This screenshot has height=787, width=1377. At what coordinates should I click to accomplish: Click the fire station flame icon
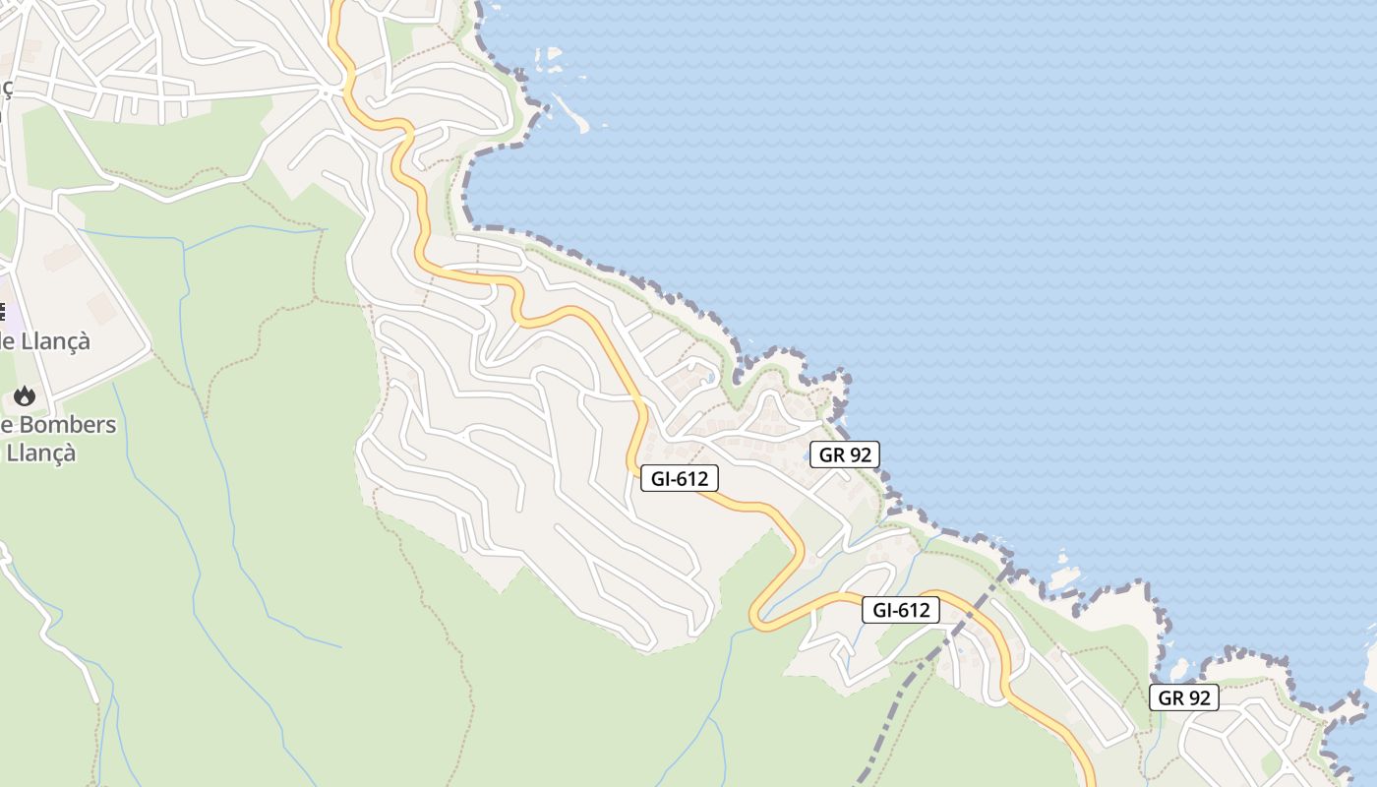(24, 395)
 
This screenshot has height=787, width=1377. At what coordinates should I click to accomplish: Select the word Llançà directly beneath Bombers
(41, 454)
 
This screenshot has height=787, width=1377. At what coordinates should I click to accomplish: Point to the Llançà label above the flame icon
(54, 340)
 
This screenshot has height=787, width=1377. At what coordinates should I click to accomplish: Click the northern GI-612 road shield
(679, 478)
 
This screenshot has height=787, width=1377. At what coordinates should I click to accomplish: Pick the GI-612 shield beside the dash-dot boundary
(900, 610)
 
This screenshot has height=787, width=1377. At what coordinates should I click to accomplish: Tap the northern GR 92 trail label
(844, 454)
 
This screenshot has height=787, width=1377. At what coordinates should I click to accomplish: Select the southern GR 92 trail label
(1183, 697)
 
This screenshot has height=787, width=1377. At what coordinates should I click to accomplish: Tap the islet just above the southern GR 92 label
(1180, 671)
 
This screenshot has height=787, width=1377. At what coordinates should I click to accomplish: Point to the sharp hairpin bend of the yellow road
(757, 616)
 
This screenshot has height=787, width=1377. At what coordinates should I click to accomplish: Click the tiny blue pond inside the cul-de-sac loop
(710, 377)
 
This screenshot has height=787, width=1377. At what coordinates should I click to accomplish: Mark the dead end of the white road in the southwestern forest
(97, 700)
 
